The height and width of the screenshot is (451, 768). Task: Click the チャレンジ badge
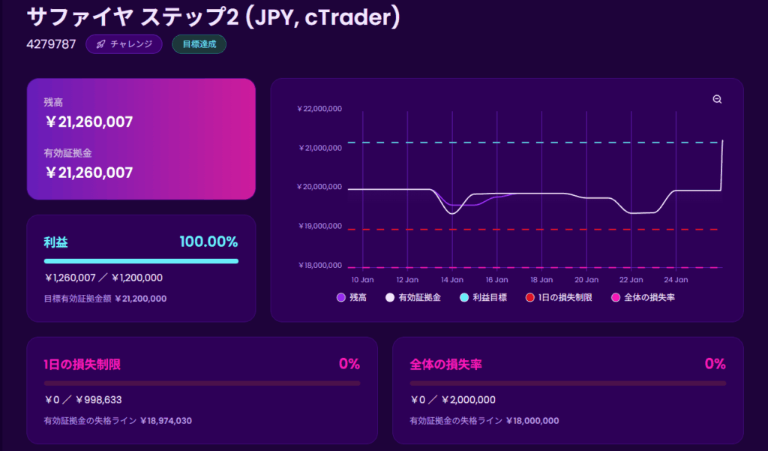click(x=124, y=44)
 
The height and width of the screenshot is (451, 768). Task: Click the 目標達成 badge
click(x=199, y=44)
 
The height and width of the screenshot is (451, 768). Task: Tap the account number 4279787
click(x=51, y=44)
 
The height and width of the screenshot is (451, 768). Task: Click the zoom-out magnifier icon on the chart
click(x=717, y=100)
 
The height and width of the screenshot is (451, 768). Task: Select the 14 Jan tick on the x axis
click(x=451, y=279)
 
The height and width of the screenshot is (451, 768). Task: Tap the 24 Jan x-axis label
click(x=676, y=279)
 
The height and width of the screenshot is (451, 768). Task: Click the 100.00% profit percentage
click(x=208, y=242)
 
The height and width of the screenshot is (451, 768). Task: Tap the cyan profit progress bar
click(x=141, y=261)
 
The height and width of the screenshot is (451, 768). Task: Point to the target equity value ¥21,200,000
click(x=140, y=299)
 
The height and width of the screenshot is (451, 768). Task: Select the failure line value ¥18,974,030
click(x=166, y=421)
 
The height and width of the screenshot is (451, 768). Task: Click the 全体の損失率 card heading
click(x=445, y=365)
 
